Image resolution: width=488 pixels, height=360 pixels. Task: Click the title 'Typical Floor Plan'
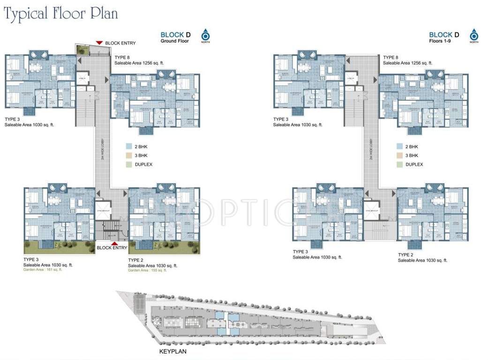pos(60,14)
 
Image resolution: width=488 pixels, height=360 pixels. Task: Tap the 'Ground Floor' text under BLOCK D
pos(176,41)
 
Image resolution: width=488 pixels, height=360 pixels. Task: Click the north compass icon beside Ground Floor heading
pos(205,35)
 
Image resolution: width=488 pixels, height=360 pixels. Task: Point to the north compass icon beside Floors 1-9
pos(473,35)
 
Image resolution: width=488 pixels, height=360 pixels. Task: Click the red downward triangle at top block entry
pos(99,43)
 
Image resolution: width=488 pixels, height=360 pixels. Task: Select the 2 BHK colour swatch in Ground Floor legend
pos(130,146)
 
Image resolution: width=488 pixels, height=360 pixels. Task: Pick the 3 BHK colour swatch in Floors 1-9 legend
pos(399,155)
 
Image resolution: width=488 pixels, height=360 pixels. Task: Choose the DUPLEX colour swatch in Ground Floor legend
pos(130,165)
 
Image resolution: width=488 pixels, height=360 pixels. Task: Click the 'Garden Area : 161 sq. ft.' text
pos(43,270)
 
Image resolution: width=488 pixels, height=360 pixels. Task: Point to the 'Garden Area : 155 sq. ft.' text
pos(148,270)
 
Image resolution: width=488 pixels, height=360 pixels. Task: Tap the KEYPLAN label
pos(173,351)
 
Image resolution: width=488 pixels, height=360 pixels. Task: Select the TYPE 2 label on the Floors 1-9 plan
pos(407,255)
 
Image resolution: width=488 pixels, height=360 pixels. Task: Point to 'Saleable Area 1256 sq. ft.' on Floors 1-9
pos(407,63)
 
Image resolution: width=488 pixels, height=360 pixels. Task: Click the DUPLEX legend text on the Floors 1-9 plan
pos(414,165)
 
